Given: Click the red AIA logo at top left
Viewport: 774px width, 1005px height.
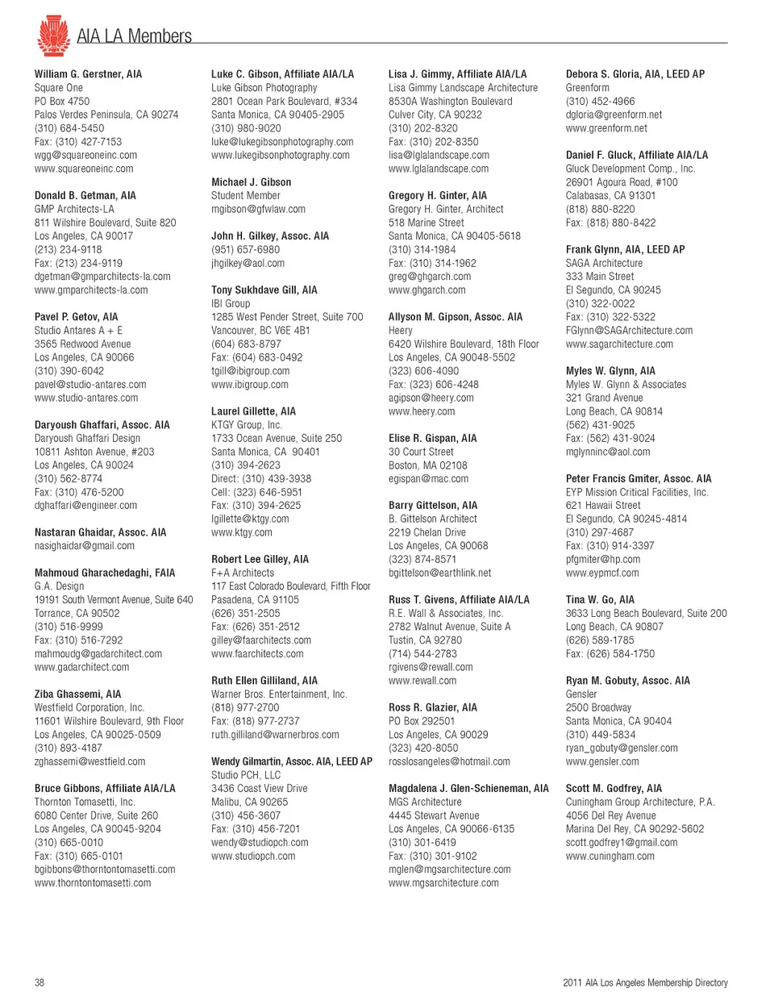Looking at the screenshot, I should pos(53,35).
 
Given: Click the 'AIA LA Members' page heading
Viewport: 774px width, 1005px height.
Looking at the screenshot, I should pos(134,36).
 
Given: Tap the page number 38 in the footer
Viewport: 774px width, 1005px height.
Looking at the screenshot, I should pos(40,982).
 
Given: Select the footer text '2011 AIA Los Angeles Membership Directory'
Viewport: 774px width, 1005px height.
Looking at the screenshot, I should pos(645,982).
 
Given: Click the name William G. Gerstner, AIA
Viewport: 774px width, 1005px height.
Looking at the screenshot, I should pos(88,74).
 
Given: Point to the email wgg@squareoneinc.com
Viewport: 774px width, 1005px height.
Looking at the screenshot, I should pos(85,155).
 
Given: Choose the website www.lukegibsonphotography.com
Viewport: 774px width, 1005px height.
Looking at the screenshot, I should pos(281,155).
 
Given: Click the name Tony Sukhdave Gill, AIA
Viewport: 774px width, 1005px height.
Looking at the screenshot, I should pos(264,290).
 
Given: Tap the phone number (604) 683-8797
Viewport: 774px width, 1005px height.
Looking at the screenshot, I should pos(246,344).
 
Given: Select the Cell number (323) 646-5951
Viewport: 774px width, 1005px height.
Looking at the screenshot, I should pos(256,492).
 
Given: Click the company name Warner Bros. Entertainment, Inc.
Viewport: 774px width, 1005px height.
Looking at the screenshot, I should pos(279,694).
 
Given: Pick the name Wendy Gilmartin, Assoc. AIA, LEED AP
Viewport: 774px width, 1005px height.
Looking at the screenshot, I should pos(292,761).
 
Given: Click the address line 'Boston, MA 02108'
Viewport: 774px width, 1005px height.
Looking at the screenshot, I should pos(428,465).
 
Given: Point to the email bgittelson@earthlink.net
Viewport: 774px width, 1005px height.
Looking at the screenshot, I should pos(440,573).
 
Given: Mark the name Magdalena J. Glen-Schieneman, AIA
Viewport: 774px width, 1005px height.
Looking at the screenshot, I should pos(468,788).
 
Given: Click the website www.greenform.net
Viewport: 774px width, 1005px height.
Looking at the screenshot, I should pos(606,128).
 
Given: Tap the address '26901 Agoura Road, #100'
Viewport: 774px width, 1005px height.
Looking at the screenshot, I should pos(622,182).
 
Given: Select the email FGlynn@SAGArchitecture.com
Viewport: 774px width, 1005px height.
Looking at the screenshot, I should pos(629,330).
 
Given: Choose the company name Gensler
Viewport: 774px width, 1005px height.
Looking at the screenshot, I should pos(581,694).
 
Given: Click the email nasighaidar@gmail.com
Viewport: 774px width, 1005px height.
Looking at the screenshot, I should pos(85,546).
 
